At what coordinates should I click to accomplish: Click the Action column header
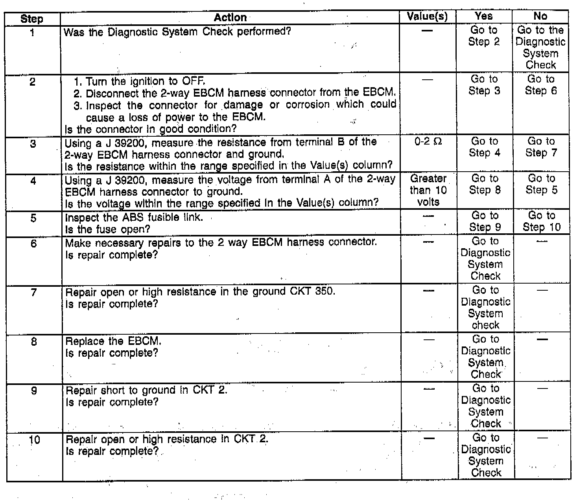(230, 18)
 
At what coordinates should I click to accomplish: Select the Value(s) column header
(427, 16)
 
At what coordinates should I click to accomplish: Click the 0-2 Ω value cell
(428, 141)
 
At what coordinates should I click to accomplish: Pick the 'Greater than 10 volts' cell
(428, 190)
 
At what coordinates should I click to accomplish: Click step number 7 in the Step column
(33, 292)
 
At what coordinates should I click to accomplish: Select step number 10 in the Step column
(34, 440)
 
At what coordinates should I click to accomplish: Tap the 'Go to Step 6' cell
(541, 85)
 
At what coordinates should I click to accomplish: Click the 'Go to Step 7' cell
(541, 147)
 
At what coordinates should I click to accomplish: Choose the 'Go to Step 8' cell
(485, 184)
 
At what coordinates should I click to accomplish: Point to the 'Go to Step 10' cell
(541, 221)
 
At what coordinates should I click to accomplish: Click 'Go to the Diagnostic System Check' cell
(540, 48)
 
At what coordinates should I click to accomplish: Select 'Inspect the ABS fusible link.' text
(134, 218)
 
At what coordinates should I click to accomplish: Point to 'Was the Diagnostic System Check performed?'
(177, 32)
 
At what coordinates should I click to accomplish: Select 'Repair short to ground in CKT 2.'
(146, 390)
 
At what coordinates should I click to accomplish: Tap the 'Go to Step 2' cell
(484, 36)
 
